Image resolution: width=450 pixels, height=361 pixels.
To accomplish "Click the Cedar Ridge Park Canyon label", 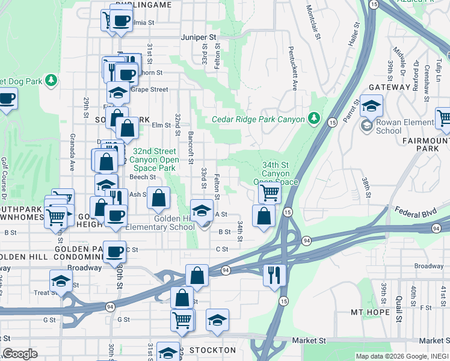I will [x=258, y=119].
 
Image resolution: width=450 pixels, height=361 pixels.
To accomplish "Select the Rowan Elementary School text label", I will [x=388, y=126].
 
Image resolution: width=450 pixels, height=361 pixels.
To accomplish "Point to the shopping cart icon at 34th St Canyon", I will [x=270, y=193].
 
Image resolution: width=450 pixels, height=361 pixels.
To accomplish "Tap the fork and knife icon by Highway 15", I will [x=274, y=274].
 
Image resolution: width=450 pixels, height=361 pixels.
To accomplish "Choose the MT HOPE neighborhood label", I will [x=372, y=313].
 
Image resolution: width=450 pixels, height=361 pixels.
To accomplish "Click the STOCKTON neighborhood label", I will [x=214, y=350].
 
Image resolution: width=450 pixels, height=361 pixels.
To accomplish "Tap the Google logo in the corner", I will [x=20, y=354].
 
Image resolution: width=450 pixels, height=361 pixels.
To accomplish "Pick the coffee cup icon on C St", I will [x=114, y=251].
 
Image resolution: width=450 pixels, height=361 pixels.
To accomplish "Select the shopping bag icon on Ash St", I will [x=158, y=197].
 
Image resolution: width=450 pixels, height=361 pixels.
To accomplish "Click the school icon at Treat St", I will [x=61, y=280].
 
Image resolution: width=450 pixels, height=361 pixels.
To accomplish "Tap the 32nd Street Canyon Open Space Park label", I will [x=156, y=159].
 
